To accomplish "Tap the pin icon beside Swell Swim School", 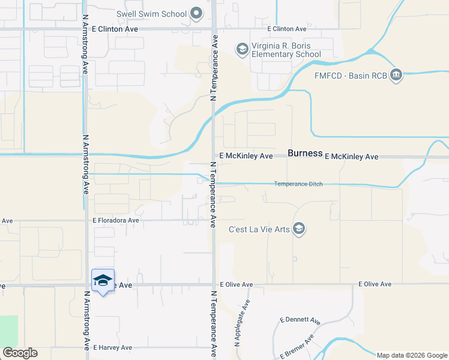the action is tap(196, 13).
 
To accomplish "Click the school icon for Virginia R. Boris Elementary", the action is tap(243, 49).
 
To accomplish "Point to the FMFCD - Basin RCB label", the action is tap(351, 76).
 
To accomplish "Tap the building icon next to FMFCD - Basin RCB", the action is tap(396, 75).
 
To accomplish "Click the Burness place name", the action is tap(305, 153).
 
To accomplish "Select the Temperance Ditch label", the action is tap(298, 184).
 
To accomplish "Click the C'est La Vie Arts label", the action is tap(259, 229).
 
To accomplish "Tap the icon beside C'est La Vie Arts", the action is tap(300, 229).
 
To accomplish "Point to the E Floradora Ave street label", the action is tap(116, 221).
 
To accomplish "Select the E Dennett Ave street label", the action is tap(298, 320).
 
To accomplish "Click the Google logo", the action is tap(20, 353).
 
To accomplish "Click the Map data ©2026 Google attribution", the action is tap(412, 355).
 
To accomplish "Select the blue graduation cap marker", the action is tap(103, 280).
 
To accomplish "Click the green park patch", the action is tap(9, 331).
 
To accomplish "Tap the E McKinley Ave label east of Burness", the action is tap(351, 157).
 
